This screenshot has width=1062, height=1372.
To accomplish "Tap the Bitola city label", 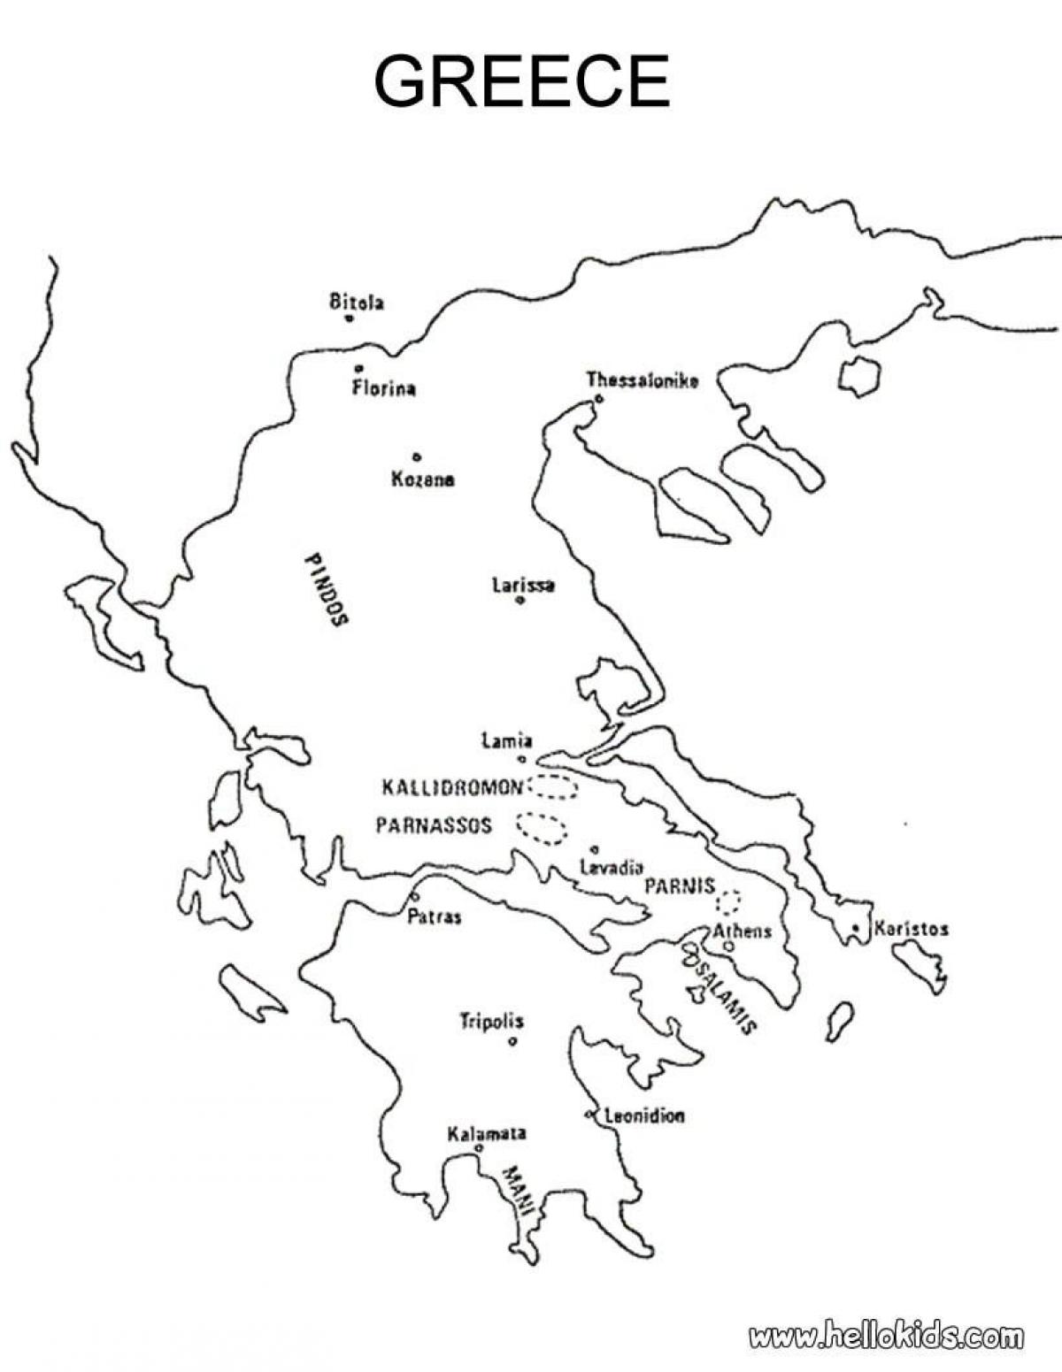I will tap(357, 303).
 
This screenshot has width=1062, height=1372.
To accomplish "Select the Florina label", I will tap(384, 388).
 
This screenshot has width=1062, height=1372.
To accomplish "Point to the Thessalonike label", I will tap(643, 380).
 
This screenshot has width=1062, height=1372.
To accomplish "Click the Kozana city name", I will tap(423, 480).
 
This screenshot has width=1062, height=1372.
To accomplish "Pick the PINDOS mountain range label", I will tap(326, 590).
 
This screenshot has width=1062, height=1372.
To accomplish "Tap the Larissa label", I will tap(523, 585).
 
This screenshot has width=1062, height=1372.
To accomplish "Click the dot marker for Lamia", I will tap(522, 759).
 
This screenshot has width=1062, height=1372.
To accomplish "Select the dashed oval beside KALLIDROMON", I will tap(552, 786).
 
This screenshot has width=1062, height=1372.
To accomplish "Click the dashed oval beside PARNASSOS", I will tap(542, 827).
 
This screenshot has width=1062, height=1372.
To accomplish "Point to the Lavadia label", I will tap(611, 868).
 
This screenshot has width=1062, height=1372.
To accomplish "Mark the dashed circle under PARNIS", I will tap(728, 901).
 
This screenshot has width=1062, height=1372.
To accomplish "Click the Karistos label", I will tap(911, 929).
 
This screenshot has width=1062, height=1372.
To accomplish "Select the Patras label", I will tap(434, 917).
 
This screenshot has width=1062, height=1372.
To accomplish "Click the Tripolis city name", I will tap(491, 1022).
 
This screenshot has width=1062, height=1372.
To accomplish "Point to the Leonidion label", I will tap(644, 1116).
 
